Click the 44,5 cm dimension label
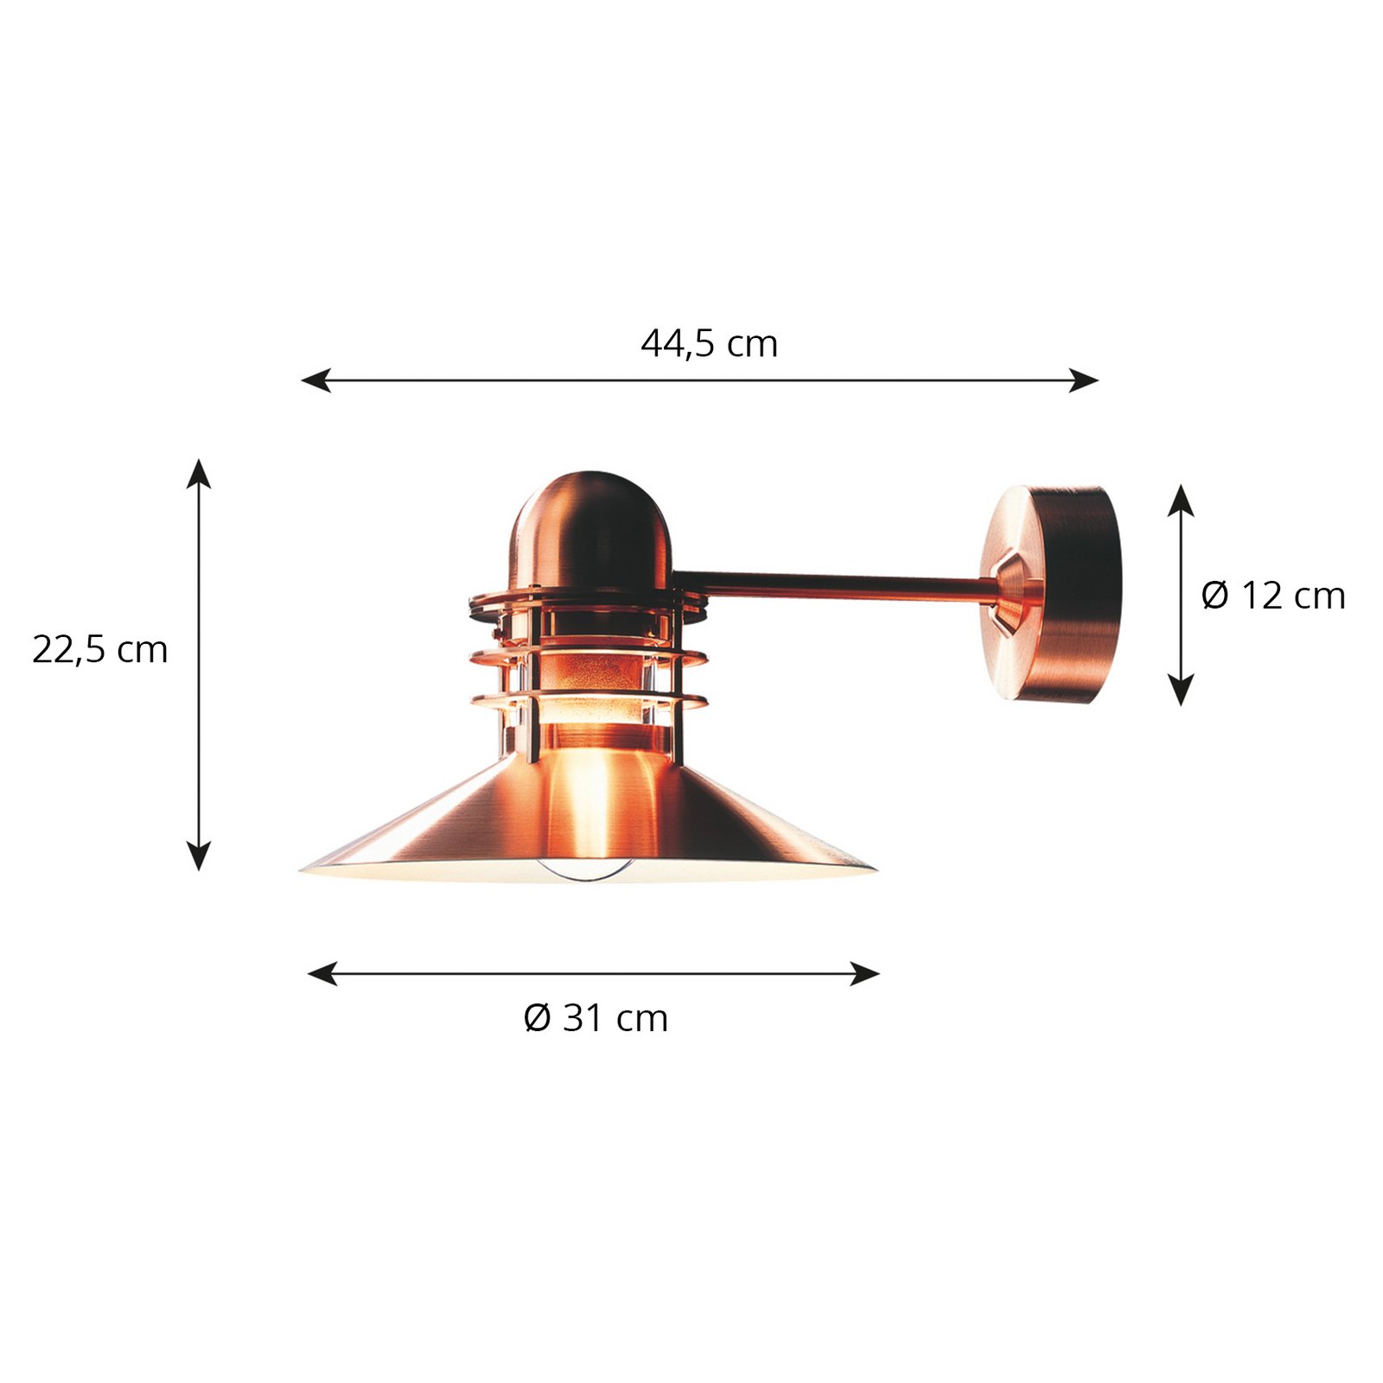[x=709, y=344]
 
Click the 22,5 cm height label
[x=99, y=650]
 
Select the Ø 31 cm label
[x=596, y=1018]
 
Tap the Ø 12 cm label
[x=1272, y=596]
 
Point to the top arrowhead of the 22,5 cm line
[x=199, y=473]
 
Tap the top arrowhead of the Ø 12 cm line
[x=1181, y=500]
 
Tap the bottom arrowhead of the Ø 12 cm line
[x=1181, y=691]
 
